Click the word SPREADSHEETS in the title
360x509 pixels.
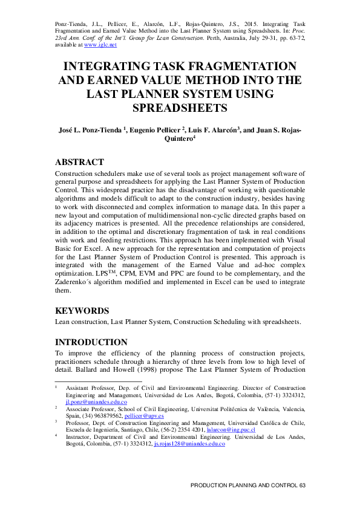(179, 108)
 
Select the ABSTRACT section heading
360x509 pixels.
(79, 162)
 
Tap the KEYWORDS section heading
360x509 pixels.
(82, 311)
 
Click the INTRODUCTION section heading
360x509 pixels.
(91, 342)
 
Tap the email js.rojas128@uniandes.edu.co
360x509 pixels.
(189, 443)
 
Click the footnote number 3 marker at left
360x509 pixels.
(56, 422)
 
